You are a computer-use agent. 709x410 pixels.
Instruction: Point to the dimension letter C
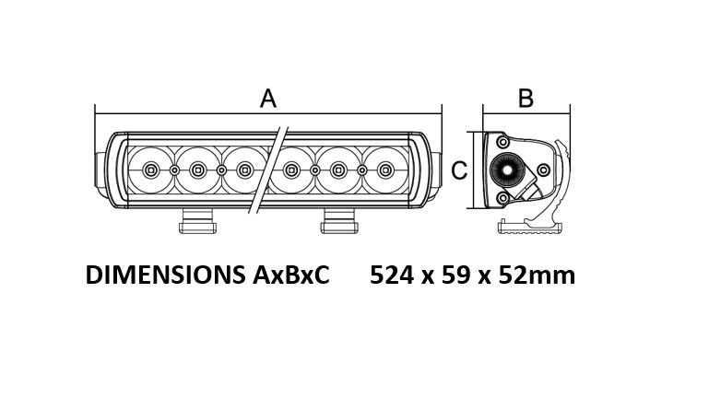pos(461,170)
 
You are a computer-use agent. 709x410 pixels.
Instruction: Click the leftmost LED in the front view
pos(151,170)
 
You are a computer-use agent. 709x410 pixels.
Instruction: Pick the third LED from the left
pos(244,170)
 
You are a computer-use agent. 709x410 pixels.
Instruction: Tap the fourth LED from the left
pos(292,170)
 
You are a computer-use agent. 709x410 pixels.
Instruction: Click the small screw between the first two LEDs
pos(174,170)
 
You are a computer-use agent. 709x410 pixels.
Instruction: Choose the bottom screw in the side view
pos(502,198)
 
